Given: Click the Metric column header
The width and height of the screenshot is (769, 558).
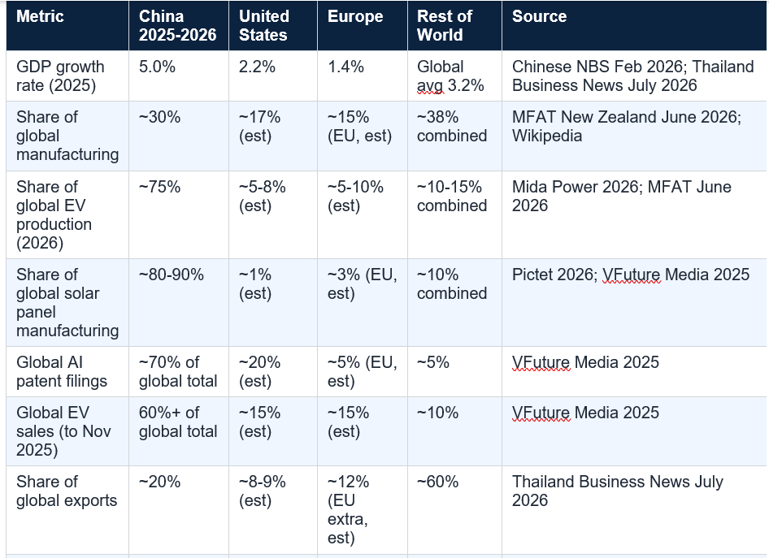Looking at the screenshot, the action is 40,16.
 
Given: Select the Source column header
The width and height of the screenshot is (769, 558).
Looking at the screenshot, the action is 539,16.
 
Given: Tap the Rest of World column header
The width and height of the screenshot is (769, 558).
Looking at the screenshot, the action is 445,25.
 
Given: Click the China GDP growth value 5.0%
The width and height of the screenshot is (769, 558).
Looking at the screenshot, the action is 157,67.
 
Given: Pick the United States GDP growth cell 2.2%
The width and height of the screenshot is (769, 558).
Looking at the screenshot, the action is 257,67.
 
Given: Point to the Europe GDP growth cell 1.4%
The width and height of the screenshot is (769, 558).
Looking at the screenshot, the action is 345,67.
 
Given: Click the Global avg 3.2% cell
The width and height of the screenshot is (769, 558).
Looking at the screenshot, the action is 450,76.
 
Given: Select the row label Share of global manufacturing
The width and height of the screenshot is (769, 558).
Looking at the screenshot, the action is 67,136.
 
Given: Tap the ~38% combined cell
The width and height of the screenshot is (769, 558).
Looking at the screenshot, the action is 452,127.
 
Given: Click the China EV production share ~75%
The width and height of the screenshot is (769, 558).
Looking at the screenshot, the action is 160,187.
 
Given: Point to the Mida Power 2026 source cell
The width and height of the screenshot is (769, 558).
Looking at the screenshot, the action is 621,196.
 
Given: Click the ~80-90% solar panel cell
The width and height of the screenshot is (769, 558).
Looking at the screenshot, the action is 172,275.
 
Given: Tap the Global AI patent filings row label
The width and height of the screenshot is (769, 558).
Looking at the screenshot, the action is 62,372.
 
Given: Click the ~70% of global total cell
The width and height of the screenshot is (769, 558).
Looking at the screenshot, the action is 178,372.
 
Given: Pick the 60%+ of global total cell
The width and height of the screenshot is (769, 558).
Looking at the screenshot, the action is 178,422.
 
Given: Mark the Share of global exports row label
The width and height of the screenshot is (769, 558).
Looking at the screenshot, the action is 67,491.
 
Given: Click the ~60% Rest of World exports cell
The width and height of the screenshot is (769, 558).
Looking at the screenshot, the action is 437,482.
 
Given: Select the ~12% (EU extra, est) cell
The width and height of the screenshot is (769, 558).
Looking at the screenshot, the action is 348,510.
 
